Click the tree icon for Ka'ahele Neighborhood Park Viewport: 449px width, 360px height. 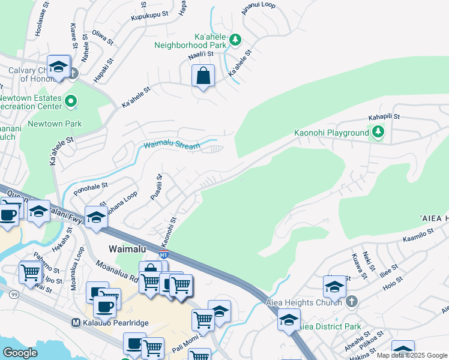(x=236, y=40)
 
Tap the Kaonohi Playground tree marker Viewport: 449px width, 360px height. (x=378, y=132)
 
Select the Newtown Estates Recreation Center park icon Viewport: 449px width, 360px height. (x=71, y=102)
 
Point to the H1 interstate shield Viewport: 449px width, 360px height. (x=163, y=255)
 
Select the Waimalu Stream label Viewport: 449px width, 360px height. (x=172, y=145)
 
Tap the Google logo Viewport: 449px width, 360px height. (x=20, y=353)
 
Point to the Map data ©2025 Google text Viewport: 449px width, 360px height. (x=412, y=355)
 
